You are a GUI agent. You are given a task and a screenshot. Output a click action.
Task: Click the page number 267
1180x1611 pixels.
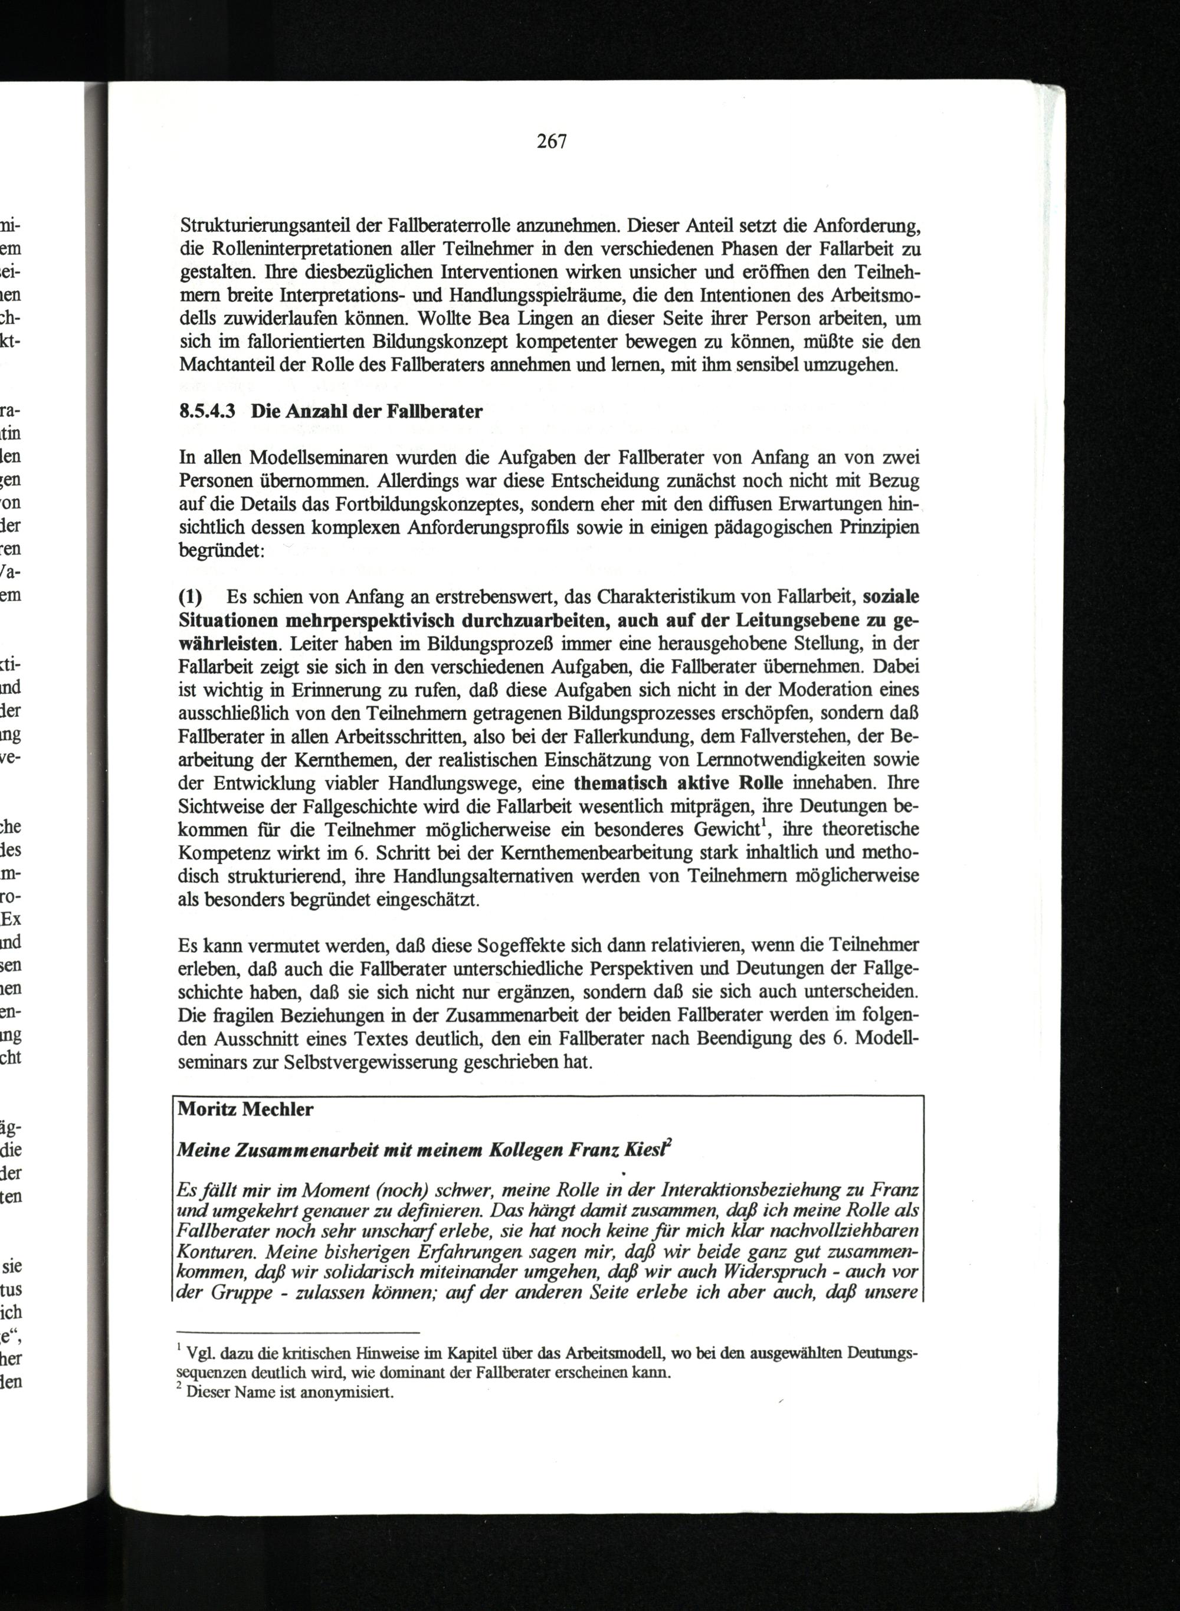tap(552, 142)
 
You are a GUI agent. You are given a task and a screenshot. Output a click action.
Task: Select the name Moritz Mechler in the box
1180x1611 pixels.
tap(245, 1109)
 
